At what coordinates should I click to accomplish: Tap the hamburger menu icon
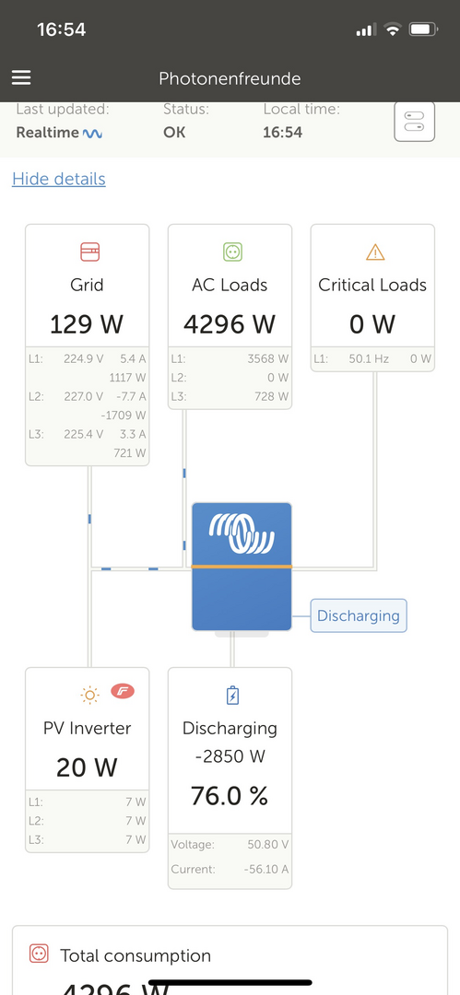pos(21,77)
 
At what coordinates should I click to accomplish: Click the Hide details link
pos(59,179)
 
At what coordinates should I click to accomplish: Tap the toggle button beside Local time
pos(414,121)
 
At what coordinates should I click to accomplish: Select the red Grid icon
pos(89,252)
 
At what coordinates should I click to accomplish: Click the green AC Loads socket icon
pos(232,252)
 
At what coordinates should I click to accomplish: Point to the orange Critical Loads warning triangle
pos(375,252)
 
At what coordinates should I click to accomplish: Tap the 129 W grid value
pos(87,324)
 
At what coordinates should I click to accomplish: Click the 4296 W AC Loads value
pos(230,324)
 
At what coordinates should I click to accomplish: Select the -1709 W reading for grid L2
pos(124,416)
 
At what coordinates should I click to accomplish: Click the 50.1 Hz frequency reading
pos(369,358)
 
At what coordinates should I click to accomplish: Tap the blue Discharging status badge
pos(359,615)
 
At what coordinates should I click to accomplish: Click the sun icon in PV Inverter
pos(89,696)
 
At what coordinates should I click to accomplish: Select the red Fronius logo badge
pos(123,691)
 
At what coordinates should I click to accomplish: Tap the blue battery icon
pos(232,696)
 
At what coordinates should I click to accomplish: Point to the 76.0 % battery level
pos(230,795)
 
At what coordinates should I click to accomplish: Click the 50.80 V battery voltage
pos(267,845)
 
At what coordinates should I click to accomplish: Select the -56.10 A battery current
pos(266,869)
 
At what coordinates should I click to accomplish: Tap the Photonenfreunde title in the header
pos(230,78)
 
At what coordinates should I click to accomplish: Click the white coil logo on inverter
pos(242,532)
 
